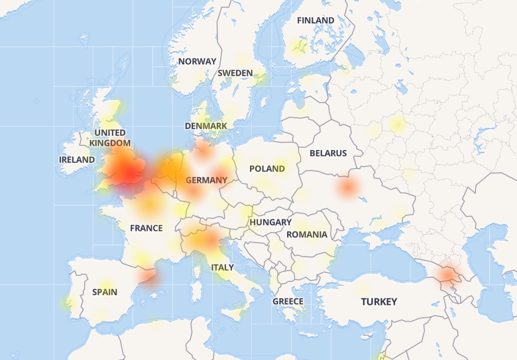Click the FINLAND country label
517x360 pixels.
[x=316, y=21]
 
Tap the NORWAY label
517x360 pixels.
[x=197, y=61]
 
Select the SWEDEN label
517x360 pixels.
[x=235, y=73]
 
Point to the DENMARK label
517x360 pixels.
[x=205, y=126]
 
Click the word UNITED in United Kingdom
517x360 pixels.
[x=109, y=133]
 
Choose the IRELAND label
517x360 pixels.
[x=77, y=160]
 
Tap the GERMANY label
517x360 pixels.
[x=206, y=180]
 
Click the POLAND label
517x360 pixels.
[x=267, y=168]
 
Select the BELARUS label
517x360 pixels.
[x=328, y=153]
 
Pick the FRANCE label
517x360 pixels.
[x=146, y=228]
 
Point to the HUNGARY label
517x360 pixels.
[x=270, y=222]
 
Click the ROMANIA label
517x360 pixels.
[x=306, y=234]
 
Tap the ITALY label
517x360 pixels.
[x=222, y=267]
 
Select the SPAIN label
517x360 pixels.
[x=105, y=292]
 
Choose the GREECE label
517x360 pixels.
[x=288, y=301]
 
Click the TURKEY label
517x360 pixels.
[x=379, y=302]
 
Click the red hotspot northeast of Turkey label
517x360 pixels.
[x=449, y=273]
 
